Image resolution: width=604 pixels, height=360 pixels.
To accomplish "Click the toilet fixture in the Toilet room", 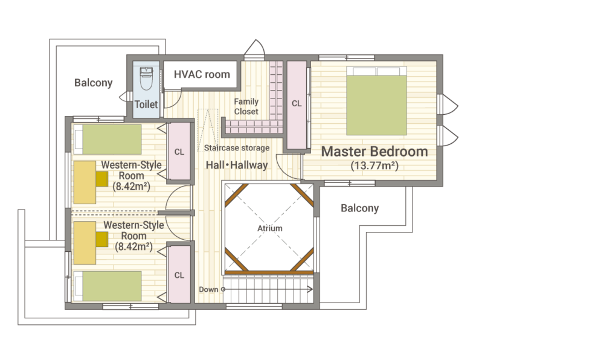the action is point(146,79).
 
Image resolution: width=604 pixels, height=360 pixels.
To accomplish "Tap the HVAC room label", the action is point(202,74).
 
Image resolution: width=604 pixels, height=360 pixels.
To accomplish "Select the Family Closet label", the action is point(246,107).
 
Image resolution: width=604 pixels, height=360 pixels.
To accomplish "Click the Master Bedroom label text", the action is point(374,152).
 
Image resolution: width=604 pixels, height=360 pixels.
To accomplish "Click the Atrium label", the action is point(269,228).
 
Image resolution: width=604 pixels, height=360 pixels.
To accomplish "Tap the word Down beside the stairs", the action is point(208,289).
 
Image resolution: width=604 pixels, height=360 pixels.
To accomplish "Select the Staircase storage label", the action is point(237,148).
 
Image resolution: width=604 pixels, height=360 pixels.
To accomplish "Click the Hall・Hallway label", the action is point(237,165).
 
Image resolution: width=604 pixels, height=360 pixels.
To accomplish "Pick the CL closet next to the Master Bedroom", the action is point(297,105).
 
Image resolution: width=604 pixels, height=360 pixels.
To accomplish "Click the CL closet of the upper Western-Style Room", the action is point(179,152).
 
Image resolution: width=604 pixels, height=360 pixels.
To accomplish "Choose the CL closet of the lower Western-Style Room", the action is point(179,274).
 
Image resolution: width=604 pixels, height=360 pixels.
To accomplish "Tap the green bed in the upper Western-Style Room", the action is point(108,140).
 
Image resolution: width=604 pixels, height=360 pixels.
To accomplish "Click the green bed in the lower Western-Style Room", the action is point(108,286).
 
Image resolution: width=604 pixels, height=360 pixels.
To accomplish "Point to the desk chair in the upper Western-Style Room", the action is point(102,179).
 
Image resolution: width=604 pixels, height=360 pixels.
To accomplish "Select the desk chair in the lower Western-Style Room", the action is point(102,239).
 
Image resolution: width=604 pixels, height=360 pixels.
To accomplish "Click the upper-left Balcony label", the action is point(93,83).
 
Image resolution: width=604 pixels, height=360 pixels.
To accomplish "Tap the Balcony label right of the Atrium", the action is point(360,208).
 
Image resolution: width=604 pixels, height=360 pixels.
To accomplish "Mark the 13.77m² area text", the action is point(374,166).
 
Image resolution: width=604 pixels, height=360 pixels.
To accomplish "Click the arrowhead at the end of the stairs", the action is point(310,289).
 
